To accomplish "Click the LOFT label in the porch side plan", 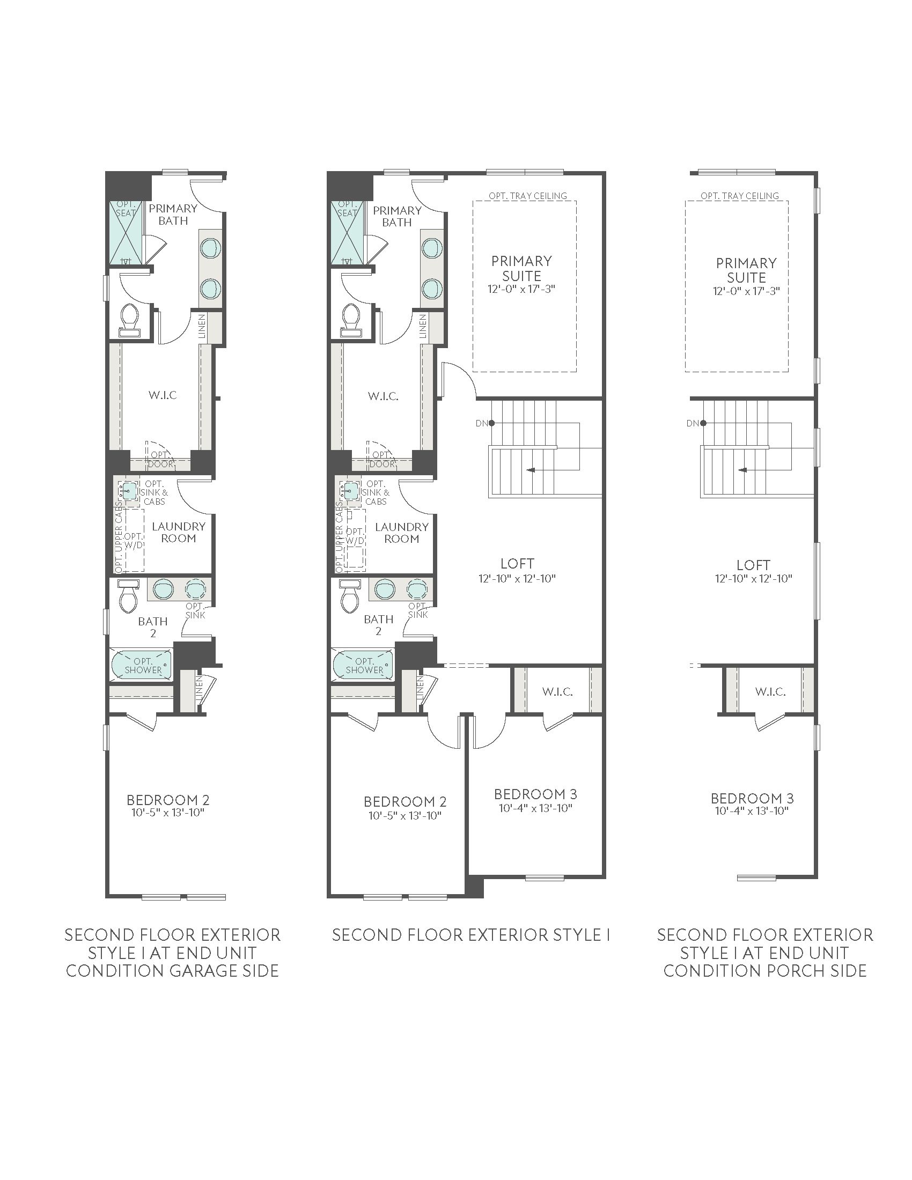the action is [753, 565].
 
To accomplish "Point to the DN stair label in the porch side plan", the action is [693, 423].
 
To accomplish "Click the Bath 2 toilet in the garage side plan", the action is [129, 597].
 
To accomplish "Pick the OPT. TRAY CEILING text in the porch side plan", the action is [740, 196].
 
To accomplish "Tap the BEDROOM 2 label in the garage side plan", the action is [168, 800].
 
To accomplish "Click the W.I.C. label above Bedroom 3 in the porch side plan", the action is [770, 691].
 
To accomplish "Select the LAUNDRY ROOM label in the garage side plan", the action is [178, 532].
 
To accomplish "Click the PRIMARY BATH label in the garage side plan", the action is [173, 215].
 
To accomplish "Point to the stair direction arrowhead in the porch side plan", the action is [744, 470].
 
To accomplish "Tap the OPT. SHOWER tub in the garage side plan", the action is [142, 665].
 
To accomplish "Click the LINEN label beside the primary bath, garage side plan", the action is [202, 326].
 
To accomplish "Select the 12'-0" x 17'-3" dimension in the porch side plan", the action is [746, 291].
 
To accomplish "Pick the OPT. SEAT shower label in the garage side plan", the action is [126, 209].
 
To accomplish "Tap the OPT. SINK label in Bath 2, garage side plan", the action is [195, 610].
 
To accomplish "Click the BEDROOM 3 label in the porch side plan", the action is [752, 798].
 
